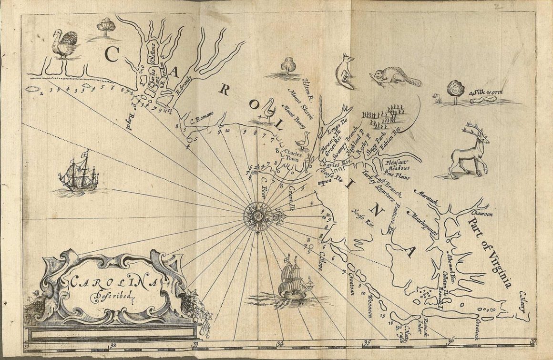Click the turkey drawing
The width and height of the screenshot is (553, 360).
coord(65,44)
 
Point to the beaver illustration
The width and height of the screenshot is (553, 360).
coord(394,77)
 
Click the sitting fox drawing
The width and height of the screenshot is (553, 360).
coord(345,71)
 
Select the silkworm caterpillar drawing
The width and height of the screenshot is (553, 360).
coord(482,99)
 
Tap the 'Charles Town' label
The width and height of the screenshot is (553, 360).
coord(290,156)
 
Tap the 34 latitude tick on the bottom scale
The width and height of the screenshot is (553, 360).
coord(279,343)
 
